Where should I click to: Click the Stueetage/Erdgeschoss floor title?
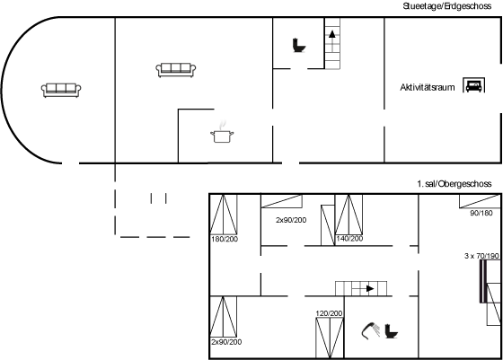coord(447,6)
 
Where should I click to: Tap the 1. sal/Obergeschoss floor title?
coord(454,184)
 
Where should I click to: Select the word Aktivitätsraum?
coord(428,87)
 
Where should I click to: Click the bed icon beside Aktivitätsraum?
coord(474,85)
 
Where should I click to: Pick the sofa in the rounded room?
coord(61,90)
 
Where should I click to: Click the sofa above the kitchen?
coord(176,70)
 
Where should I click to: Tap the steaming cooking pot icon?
coord(222,132)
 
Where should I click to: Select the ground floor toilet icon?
coord(298,45)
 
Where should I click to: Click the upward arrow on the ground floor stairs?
coord(332,34)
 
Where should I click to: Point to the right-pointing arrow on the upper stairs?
coord(370,288)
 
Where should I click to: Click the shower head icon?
coord(370,330)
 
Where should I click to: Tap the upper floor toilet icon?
coord(392,331)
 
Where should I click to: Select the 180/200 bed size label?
coord(225,239)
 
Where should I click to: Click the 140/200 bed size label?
coord(349,239)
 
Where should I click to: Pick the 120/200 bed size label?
coord(329,313)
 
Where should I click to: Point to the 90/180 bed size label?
coord(481,213)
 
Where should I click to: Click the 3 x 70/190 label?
coord(481,256)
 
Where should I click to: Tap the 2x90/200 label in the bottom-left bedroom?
coord(226,342)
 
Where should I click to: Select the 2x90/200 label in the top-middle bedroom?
coord(291,220)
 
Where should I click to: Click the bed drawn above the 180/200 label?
coord(224,215)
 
